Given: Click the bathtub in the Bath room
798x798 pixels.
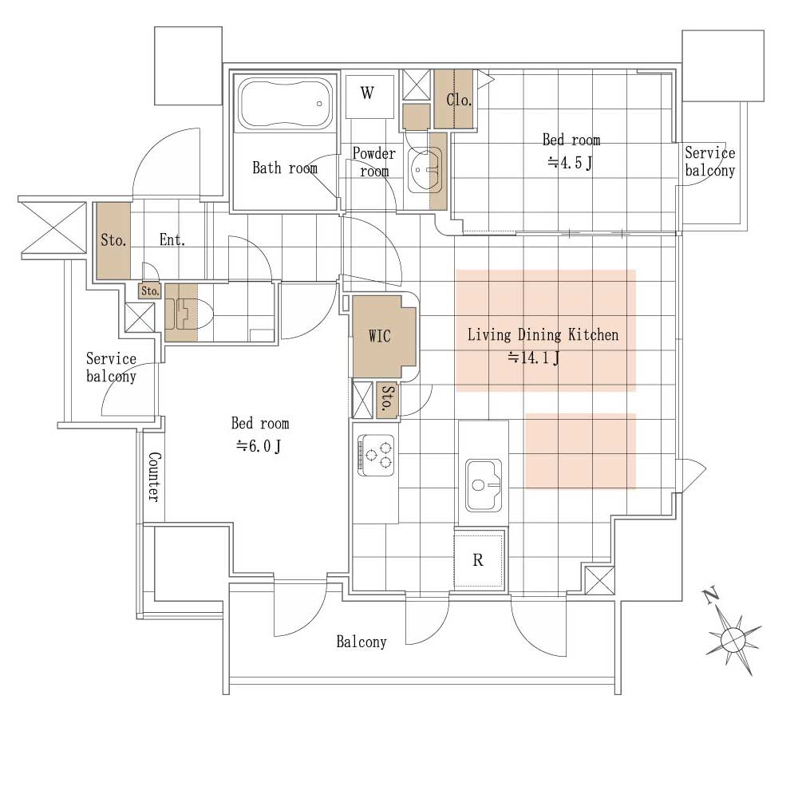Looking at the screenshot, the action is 286,103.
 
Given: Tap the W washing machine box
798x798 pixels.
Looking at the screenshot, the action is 369,97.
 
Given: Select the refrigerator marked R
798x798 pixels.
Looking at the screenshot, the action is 478,559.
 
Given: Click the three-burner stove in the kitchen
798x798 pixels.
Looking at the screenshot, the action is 376,455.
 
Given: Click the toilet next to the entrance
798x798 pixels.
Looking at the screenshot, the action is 188,313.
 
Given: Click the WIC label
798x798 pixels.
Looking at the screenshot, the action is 380,336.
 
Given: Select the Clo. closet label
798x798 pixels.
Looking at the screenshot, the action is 459,100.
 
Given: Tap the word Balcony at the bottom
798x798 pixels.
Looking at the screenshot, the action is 361,642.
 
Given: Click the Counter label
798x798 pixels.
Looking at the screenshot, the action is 154,477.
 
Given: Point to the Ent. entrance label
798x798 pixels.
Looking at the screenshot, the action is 172,239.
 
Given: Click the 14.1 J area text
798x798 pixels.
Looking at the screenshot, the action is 534,358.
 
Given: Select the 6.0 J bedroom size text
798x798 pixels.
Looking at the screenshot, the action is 258,446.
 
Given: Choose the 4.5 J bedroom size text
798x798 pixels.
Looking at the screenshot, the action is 571,163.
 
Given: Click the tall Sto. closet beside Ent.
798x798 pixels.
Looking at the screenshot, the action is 113,241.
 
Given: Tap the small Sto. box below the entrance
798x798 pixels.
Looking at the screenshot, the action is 150,291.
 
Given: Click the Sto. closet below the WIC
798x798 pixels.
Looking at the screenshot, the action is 387,400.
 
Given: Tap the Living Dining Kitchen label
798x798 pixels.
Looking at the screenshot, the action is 543,335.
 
